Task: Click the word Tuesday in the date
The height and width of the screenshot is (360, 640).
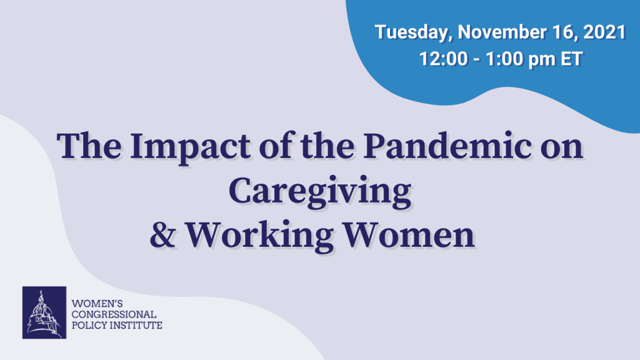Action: click(x=413, y=32)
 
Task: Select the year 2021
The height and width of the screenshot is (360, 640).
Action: click(x=604, y=32)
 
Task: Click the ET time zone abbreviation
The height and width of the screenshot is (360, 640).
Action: click(x=571, y=59)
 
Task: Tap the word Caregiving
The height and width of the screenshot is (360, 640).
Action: click(x=319, y=192)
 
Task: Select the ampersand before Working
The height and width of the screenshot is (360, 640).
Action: click(x=163, y=235)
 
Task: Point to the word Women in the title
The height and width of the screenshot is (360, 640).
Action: click(x=409, y=235)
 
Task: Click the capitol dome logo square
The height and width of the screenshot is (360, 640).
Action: click(x=44, y=312)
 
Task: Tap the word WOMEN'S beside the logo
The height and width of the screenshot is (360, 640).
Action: click(x=97, y=304)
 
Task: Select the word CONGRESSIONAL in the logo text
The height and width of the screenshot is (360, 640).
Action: click(x=114, y=314)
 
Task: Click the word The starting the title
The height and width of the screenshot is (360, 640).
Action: click(x=89, y=146)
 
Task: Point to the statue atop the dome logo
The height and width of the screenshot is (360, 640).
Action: click(x=41, y=296)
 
